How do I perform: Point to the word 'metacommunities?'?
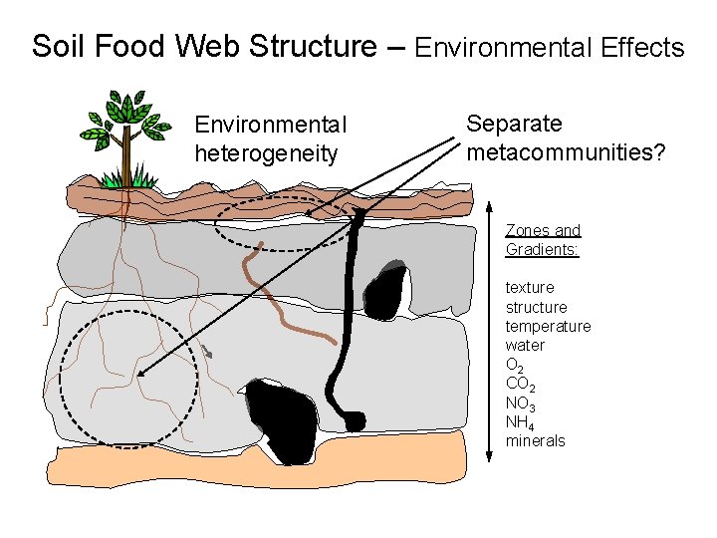click(x=566, y=152)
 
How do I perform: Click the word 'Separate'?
click(x=514, y=125)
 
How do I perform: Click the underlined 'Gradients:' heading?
click(x=542, y=249)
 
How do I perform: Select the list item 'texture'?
click(x=530, y=288)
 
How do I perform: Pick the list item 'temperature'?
click(x=548, y=326)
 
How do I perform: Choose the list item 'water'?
click(x=525, y=345)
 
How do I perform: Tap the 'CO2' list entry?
click(x=522, y=384)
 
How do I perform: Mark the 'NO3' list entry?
click(x=522, y=403)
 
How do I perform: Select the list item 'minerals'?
click(x=535, y=440)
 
